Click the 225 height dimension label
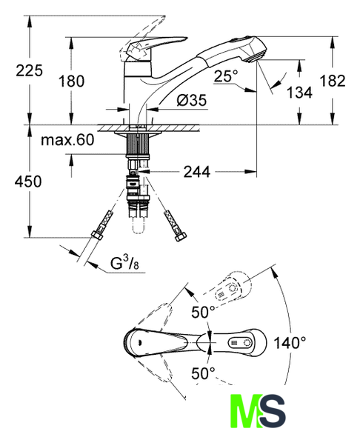tap(29, 70)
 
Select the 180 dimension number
tap(71, 81)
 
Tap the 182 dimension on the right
tap(332, 81)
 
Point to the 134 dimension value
tap(299, 93)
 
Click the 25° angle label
tap(226, 76)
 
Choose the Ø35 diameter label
tap(192, 100)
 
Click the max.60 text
tap(67, 140)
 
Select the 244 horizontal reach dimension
tap(197, 172)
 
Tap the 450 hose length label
tap(28, 181)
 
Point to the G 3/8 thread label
tap(124, 263)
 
